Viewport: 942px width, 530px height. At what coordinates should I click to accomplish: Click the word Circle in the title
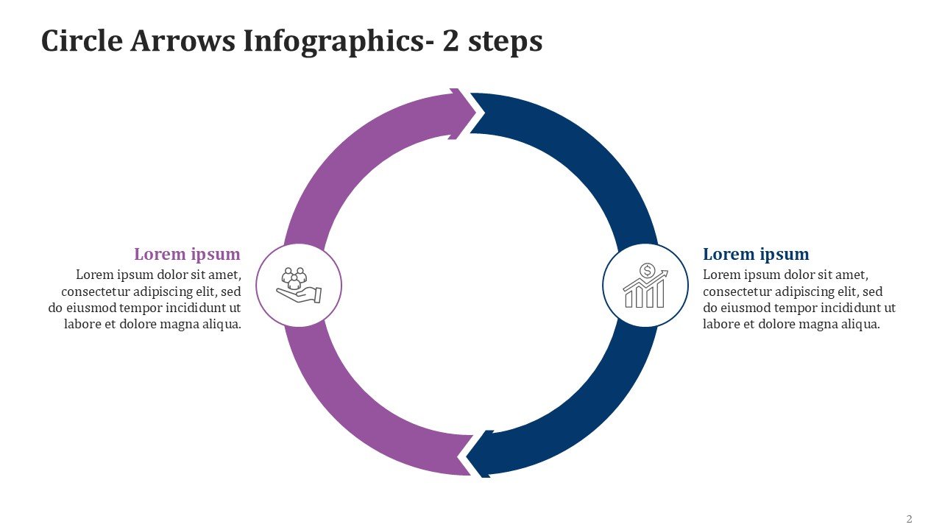81,41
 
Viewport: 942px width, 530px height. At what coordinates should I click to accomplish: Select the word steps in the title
506,41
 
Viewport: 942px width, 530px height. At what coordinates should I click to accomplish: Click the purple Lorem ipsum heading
187,255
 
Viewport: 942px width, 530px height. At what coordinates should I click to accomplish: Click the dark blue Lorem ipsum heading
756,255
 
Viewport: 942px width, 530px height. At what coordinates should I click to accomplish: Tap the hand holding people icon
298,285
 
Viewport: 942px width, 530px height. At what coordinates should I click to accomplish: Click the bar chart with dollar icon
645,286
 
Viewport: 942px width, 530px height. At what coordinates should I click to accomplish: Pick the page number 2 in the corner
909,519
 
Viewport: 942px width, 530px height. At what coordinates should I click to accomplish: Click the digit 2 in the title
450,41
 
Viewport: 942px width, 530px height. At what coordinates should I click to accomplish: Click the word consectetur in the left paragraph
93,291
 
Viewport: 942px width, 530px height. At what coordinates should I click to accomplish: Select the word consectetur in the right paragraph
736,291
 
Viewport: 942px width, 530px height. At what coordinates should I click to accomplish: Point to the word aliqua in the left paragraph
221,325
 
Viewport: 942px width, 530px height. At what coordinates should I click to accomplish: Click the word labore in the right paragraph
720,325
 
